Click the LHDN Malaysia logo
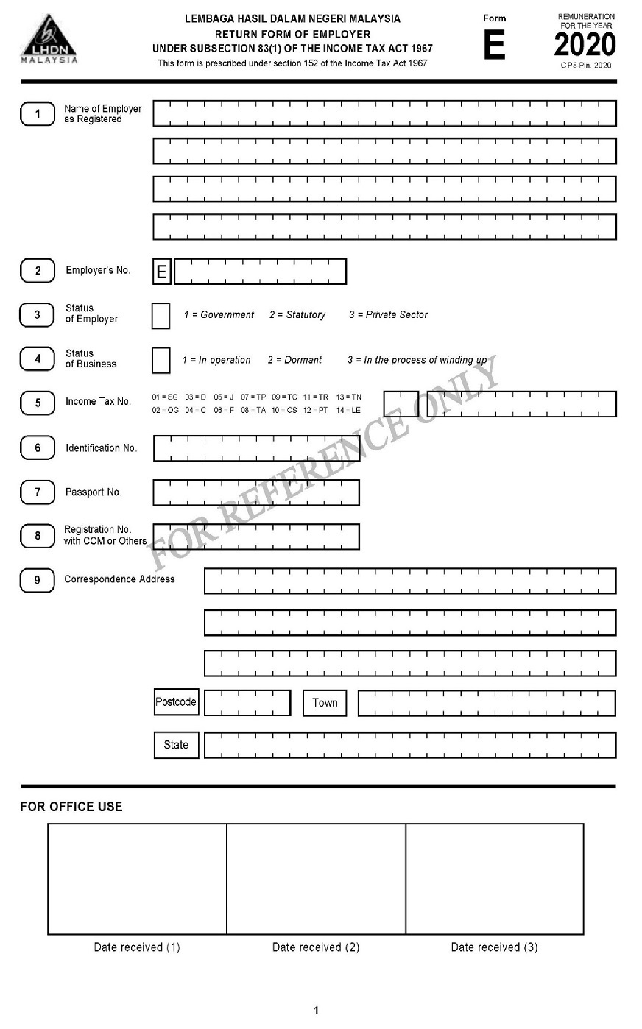[49, 38]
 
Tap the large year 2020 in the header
[585, 46]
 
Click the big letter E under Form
[494, 46]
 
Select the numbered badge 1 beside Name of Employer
[38, 114]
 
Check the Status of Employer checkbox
[160, 316]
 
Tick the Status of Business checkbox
[160, 361]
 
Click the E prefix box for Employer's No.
[162, 272]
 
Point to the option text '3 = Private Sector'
[388, 315]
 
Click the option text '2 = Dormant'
[294, 361]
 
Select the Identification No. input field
[256, 448]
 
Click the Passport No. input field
[256, 492]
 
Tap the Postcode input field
[247, 703]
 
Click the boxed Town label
[325, 703]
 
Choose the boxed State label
[176, 745]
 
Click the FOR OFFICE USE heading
[71, 807]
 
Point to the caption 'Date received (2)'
[316, 947]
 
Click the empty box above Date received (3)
[495, 879]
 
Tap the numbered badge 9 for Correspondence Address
[38, 581]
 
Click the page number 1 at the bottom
[317, 1010]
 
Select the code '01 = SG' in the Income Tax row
[165, 397]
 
